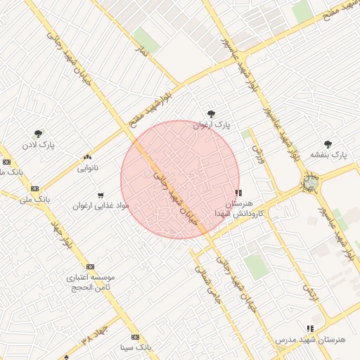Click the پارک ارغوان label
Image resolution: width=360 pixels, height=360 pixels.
212,125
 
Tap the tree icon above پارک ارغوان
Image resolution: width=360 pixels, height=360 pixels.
212,114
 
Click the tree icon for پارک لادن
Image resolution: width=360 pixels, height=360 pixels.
38,133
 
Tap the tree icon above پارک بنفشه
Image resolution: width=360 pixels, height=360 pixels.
328,143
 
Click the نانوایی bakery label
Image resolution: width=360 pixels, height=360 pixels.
88,168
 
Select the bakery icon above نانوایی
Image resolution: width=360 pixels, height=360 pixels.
87,157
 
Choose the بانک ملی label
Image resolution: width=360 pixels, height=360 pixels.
35,200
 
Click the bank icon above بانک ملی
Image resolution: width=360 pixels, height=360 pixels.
34,188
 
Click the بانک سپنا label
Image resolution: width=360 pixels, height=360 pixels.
135,347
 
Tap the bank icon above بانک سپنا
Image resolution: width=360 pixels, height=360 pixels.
135,337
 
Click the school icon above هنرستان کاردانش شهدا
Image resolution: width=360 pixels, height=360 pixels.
239,192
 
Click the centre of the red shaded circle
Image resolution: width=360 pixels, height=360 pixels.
180,180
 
